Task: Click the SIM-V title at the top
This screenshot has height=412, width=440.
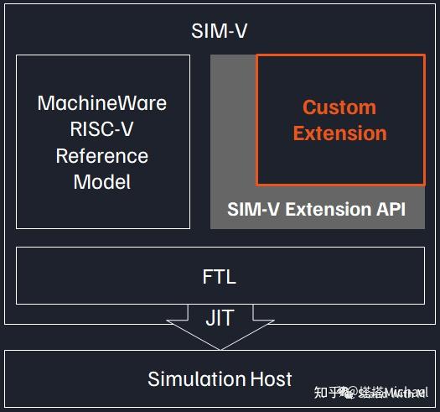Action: tap(220, 32)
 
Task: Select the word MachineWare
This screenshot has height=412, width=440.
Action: tap(102, 103)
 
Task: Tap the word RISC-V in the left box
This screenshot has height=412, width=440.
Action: tap(102, 129)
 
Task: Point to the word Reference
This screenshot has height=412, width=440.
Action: tap(102, 155)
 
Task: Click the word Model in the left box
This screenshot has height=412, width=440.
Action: tap(102, 181)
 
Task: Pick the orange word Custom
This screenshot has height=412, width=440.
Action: tap(339, 107)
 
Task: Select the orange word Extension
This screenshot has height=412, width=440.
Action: tap(339, 133)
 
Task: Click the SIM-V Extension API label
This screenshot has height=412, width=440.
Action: tap(317, 209)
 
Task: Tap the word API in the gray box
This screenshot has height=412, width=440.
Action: tap(389, 209)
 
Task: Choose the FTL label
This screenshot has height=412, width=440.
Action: tap(220, 275)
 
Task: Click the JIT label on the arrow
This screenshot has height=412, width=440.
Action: tap(220, 318)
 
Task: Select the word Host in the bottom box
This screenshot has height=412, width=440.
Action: tap(271, 378)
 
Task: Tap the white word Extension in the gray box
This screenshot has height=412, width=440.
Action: tap(326, 209)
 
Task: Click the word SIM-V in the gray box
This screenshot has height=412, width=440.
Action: tap(254, 209)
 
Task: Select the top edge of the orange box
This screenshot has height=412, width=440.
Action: tap(340, 55)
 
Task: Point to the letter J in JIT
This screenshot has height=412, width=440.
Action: tap(209, 318)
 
